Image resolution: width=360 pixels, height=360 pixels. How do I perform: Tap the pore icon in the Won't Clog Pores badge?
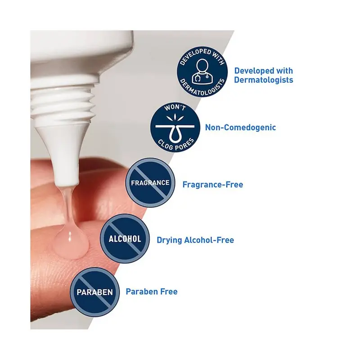[x=175, y=128]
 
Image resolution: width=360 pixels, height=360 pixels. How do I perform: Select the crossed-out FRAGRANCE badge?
[x=150, y=183]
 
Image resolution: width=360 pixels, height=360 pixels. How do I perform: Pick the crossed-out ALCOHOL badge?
[x=125, y=238]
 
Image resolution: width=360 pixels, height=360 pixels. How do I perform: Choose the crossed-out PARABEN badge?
[x=94, y=292]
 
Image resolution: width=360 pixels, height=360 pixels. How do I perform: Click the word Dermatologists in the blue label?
[x=264, y=80]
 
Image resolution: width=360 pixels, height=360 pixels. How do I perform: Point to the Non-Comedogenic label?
[x=240, y=127]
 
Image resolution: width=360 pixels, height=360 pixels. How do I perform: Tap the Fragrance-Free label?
[x=212, y=184]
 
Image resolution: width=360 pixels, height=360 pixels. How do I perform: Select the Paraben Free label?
[x=152, y=292]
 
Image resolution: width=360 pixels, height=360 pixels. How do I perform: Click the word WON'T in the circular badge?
[x=175, y=107]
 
